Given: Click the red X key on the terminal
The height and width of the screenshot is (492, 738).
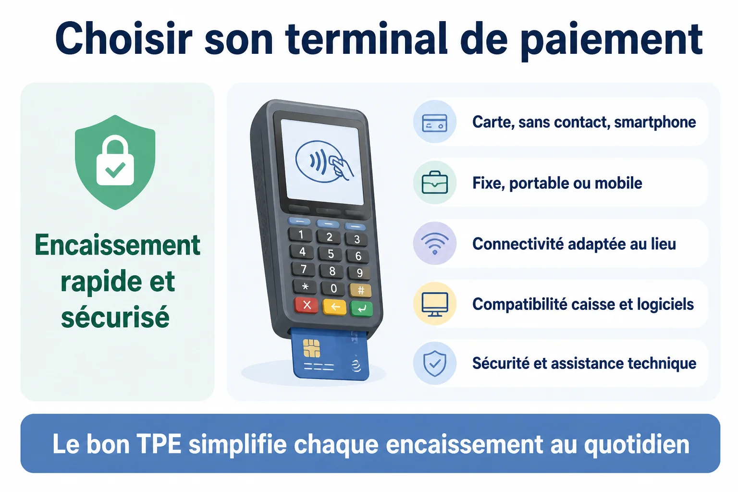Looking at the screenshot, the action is click(306, 305).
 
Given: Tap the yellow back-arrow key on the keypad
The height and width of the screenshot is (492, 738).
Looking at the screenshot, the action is click(334, 307).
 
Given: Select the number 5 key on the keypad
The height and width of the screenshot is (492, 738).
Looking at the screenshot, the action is click(331, 254).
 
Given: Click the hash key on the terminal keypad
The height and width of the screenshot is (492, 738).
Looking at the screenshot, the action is click(361, 290).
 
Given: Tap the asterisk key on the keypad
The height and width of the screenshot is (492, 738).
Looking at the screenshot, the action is click(305, 287).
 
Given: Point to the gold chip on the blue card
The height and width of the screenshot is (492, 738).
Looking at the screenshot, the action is click(312, 348).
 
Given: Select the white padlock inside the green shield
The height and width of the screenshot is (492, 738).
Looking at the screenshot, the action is click(115, 160).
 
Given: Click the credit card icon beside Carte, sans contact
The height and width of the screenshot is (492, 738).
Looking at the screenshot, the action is click(434, 123).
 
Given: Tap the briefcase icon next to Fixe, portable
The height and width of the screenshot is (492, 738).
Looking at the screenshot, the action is click(434, 183).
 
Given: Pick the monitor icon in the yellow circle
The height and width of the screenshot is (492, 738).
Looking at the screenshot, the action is click(434, 304).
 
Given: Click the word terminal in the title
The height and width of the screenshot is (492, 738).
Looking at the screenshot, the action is click(366, 38).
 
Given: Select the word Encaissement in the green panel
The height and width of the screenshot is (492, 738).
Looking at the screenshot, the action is click(117, 245).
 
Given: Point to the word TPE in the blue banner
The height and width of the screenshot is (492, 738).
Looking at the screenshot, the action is click(159, 444).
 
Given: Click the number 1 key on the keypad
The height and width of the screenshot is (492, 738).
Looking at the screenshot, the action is click(300, 234).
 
